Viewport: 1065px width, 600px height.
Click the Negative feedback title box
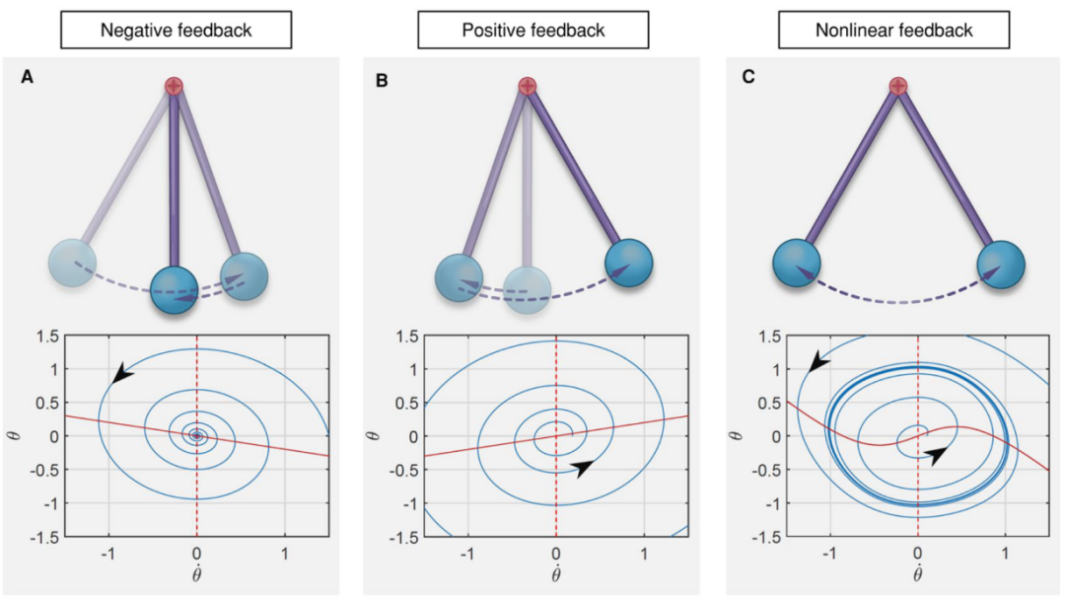177,31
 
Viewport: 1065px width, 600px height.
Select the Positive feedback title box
533,31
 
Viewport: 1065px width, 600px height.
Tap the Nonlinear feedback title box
894,31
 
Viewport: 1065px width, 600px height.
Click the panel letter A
29,76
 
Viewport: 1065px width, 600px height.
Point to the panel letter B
384,77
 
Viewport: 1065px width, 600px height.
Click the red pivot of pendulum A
175,87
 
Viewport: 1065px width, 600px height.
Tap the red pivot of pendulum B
528,87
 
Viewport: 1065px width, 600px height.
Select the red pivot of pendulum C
897,87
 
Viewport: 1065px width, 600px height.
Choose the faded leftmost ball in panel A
74,264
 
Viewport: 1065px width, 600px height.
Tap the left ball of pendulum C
797,264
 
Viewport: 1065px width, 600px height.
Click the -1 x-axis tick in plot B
465,555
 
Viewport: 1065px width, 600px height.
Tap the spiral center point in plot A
196,435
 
